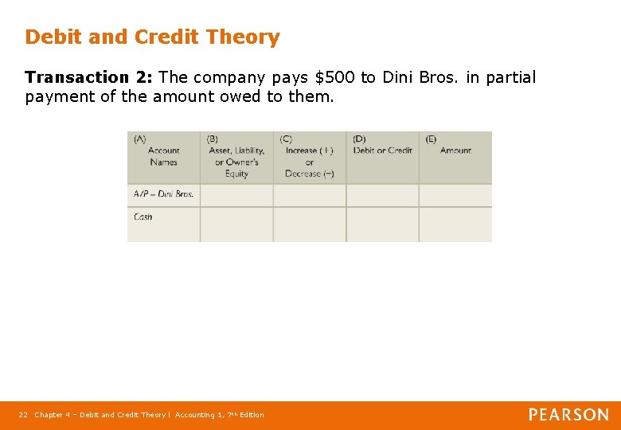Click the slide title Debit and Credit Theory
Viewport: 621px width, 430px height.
click(152, 37)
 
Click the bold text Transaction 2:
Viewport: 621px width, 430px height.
click(88, 77)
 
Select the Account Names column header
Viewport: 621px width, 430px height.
click(163, 156)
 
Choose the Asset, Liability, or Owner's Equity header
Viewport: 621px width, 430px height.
click(236, 162)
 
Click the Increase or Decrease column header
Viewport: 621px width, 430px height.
click(309, 162)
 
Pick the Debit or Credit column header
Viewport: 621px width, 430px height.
click(382, 150)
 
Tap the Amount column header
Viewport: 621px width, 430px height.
click(455, 150)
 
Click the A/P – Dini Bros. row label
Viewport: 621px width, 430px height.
click(163, 194)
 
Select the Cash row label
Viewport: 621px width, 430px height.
click(143, 217)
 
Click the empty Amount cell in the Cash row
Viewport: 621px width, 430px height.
click(455, 224)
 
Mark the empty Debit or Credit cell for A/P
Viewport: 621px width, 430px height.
click(382, 195)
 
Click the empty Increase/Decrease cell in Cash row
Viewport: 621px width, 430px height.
click(309, 224)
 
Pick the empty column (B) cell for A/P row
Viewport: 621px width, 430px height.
click(236, 195)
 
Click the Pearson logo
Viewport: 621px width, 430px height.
click(568, 415)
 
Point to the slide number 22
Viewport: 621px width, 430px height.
click(23, 415)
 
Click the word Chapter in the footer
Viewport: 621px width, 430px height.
click(49, 415)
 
